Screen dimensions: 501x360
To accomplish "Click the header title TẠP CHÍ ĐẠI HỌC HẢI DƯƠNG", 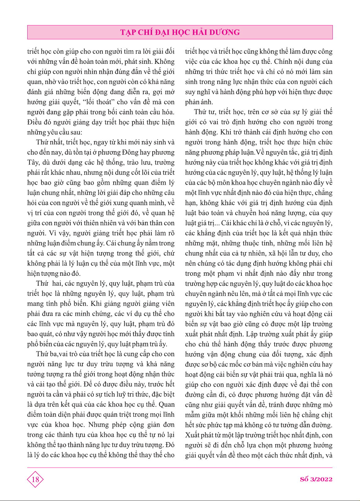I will coord(180,33).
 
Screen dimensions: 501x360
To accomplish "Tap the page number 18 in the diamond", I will coord(35,480).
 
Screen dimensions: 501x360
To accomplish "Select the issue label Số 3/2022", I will coord(316,479).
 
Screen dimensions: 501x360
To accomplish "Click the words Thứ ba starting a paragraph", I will coord(46,354).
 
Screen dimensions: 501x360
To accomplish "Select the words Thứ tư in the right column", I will coord(205,112).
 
